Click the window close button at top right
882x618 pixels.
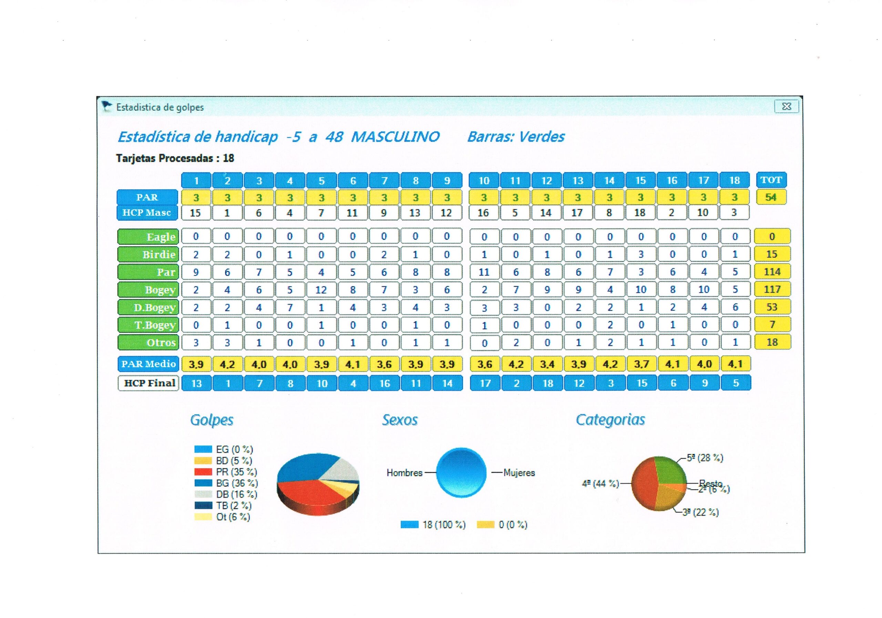pos(786,106)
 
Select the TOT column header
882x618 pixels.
pos(771,180)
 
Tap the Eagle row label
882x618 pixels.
pos(148,237)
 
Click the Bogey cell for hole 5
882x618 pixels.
pos(321,290)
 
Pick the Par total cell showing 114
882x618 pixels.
pos(772,272)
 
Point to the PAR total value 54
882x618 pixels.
pos(771,197)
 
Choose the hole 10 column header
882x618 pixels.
pos(484,180)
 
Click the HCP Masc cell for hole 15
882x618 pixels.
pos(640,213)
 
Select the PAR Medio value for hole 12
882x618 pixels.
pos(547,364)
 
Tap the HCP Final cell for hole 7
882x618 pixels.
pos(384,383)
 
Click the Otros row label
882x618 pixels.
pos(148,342)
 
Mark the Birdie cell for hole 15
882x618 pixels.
pos(641,254)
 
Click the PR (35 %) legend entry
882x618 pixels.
pos(236,472)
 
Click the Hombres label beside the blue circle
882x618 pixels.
pos(404,472)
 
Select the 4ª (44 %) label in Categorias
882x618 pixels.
pos(600,484)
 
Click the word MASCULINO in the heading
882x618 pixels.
pos(395,137)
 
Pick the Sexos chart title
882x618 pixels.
pos(400,420)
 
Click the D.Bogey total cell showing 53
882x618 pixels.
pos(772,307)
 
